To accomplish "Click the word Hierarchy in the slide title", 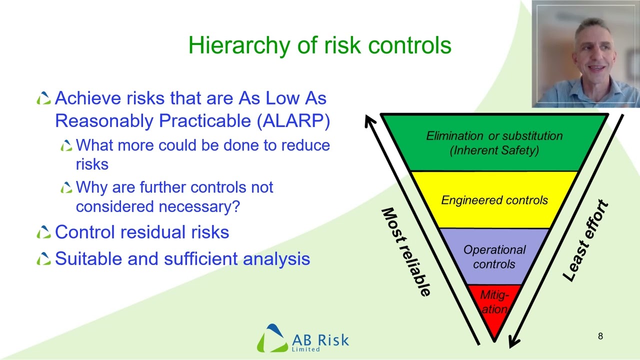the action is [239, 45].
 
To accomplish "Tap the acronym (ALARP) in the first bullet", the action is [293, 121].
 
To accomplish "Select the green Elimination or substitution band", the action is [494, 143].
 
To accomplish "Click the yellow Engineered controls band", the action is [494, 200].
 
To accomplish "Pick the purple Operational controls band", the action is [494, 256].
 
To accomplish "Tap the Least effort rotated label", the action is [585, 240].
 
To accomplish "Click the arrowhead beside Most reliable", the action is [370, 121].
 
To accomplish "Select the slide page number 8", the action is [600, 336].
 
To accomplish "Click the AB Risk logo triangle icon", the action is [272, 338].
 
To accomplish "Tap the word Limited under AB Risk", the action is [305, 349].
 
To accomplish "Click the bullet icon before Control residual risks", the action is [43, 232].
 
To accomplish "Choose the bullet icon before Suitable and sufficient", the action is [43, 258].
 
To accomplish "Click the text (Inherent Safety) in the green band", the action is [494, 150].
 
